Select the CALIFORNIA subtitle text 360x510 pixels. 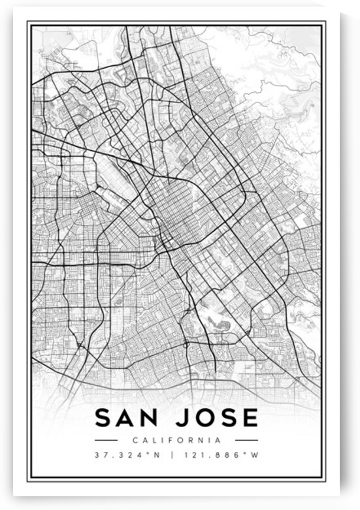[x=176, y=440]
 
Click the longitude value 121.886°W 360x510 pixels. [x=223, y=455]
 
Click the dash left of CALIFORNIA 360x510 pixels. [x=106, y=440]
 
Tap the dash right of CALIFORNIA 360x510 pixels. [x=246, y=440]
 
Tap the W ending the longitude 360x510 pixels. [x=256, y=455]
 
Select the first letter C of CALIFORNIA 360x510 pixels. [x=135, y=440]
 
